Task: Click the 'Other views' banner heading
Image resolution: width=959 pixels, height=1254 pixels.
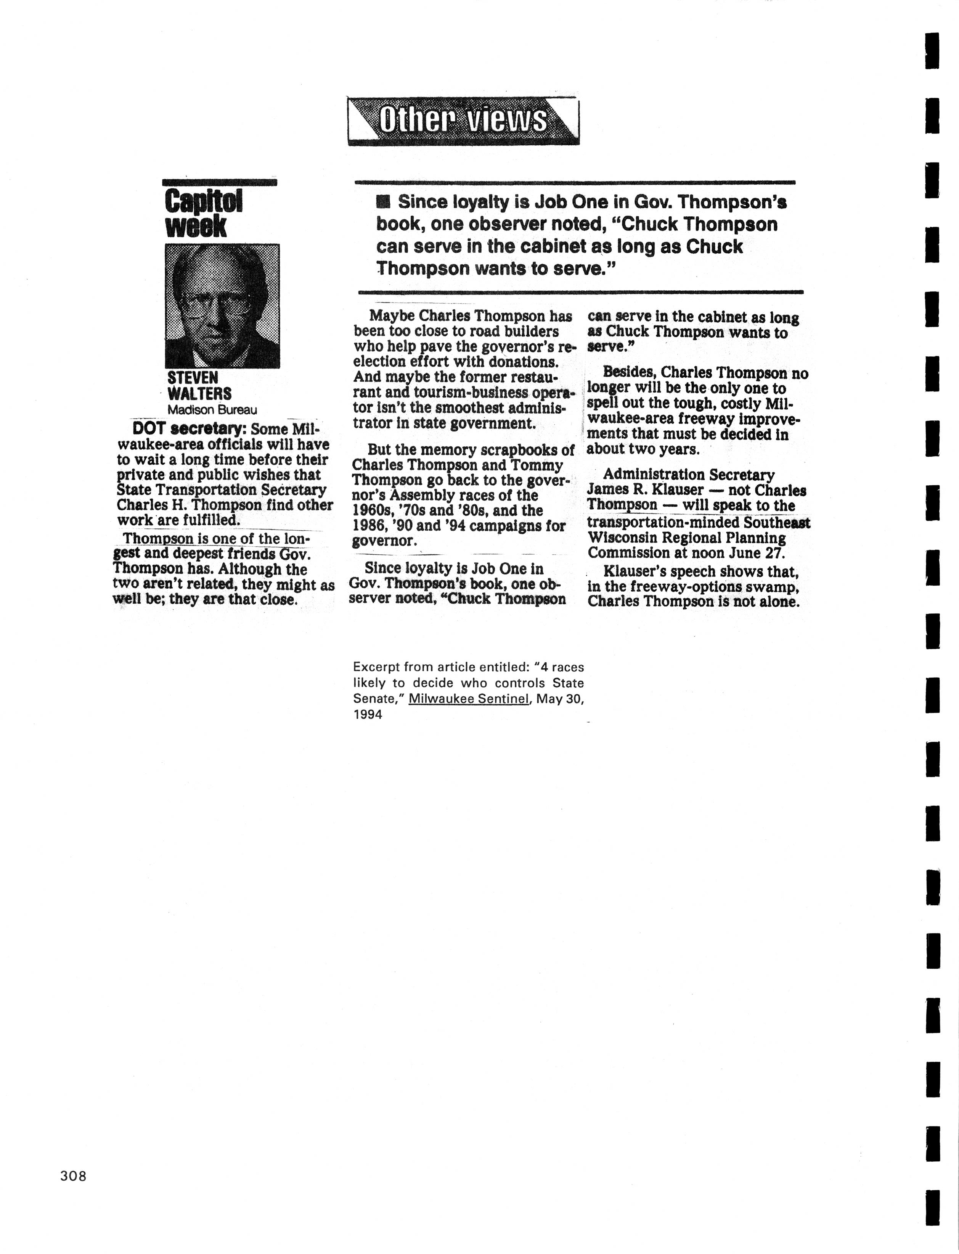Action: (x=463, y=121)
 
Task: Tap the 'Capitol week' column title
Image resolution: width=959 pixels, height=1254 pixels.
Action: (x=203, y=214)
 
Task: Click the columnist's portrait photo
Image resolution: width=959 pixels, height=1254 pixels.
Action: (x=222, y=306)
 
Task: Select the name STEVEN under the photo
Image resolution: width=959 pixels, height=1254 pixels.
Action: (x=192, y=378)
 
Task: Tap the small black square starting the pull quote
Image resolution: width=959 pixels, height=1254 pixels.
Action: (x=383, y=201)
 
